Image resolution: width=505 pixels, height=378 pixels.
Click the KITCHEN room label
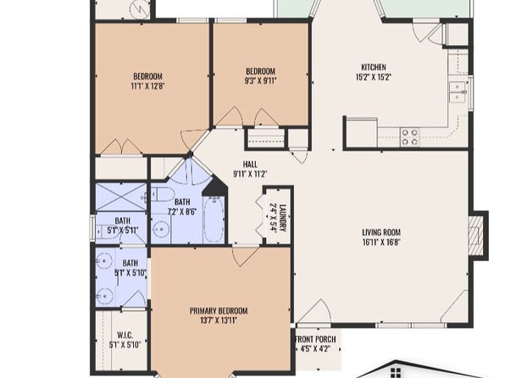click(x=374, y=67)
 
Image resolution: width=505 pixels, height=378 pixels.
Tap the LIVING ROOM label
click(x=381, y=232)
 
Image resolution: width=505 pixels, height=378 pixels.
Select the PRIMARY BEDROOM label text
click(x=219, y=311)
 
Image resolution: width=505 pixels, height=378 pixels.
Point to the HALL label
click(x=250, y=164)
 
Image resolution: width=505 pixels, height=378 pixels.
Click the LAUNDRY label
click(x=282, y=218)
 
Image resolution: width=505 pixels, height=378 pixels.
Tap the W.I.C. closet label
click(x=125, y=335)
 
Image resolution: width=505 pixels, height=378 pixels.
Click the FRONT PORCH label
click(x=315, y=339)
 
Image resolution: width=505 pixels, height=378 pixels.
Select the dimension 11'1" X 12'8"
click(x=147, y=86)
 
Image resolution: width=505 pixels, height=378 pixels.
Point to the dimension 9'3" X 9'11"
click(x=261, y=81)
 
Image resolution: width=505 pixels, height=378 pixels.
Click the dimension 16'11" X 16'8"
click(x=381, y=242)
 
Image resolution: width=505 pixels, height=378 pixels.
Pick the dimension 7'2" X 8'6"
click(x=182, y=212)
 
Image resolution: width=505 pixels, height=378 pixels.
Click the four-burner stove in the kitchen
click(x=409, y=137)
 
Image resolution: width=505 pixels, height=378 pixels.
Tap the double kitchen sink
click(x=458, y=92)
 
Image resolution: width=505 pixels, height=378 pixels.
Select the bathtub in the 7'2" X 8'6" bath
click(x=214, y=219)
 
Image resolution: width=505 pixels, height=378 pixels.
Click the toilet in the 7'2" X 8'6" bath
click(x=163, y=194)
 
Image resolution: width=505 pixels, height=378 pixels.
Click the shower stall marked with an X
click(x=121, y=197)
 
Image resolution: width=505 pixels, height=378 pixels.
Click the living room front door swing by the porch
click(x=314, y=311)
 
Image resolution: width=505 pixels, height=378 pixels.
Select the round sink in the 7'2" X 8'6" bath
click(x=160, y=230)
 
